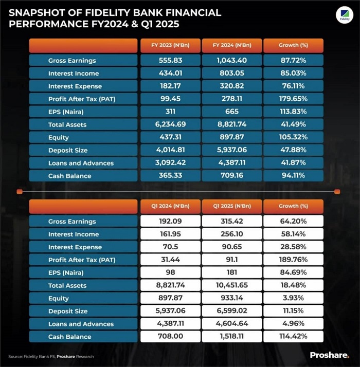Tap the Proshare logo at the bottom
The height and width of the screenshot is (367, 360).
pyautogui.click(x=329, y=355)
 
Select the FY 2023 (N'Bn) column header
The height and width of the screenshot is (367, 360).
pyautogui.click(x=170, y=45)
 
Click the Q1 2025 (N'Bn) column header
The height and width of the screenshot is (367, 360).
pyautogui.click(x=231, y=206)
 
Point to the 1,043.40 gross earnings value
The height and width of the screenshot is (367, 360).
pyautogui.click(x=231, y=61)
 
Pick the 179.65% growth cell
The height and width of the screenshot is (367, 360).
pyautogui.click(x=293, y=99)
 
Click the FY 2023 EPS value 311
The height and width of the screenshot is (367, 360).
pyautogui.click(x=170, y=112)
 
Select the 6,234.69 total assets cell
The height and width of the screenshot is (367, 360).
pyautogui.click(x=170, y=124)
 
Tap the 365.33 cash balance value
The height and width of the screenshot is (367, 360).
pyautogui.click(x=170, y=176)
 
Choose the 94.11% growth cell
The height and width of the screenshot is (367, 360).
pyautogui.click(x=293, y=176)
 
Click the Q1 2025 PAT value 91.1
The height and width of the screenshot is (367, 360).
pyautogui.click(x=231, y=260)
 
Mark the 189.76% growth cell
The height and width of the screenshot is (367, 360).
pyautogui.click(x=293, y=260)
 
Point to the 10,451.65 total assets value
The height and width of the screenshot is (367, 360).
pyautogui.click(x=231, y=285)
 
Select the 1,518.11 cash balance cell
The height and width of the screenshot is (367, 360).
pyautogui.click(x=231, y=337)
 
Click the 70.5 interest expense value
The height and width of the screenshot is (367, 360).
pyautogui.click(x=170, y=247)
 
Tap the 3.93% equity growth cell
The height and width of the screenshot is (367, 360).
pyautogui.click(x=293, y=298)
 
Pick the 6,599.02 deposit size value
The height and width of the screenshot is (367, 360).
pyautogui.click(x=231, y=311)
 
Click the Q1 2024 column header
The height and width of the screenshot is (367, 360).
pyautogui.click(x=170, y=206)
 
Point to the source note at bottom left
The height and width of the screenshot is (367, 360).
pyautogui.click(x=51, y=356)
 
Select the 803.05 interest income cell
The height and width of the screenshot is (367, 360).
pyautogui.click(x=231, y=74)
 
